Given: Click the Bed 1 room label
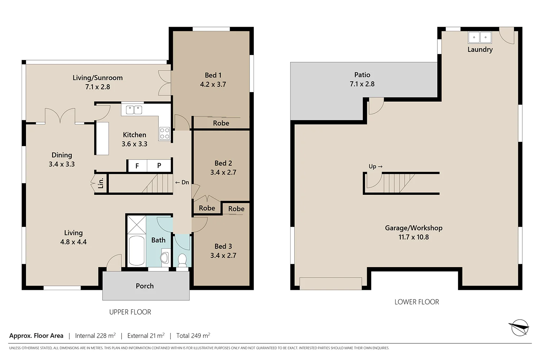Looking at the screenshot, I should tap(213, 75).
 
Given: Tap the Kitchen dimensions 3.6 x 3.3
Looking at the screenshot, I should tap(134, 144).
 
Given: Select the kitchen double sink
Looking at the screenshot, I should tap(134, 110).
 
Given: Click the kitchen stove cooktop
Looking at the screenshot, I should tap(165, 134).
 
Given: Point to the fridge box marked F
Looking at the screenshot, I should tap(137, 166).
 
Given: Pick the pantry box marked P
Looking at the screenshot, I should tap(159, 166).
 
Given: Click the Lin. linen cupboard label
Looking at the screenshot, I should tap(101, 183).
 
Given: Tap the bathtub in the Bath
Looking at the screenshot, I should tap(136, 251).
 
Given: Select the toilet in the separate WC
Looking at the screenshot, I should tap(182, 260).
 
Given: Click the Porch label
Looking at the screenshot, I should tap(145, 286).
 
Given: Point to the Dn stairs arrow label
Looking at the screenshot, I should tap(182, 183).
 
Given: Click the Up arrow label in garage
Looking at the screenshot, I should tap(375, 166).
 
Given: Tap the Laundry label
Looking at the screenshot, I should tap(480, 50).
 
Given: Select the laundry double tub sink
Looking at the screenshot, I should tap(480, 37).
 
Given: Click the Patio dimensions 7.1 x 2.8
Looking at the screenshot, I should tap(362, 84).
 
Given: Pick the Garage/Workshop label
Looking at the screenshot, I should tap(414, 228).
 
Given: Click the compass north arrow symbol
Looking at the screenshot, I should tap(519, 328).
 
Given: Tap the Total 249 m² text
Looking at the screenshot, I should tap(193, 336).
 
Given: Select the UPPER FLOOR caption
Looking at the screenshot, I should tap(130, 312).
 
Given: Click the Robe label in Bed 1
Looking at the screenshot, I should tap(221, 123).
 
